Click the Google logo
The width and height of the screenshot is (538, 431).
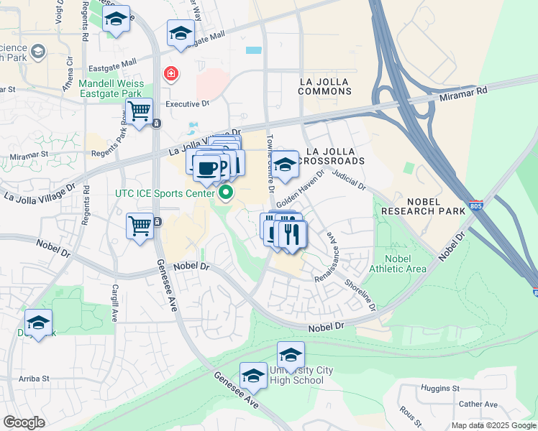(x=24, y=422)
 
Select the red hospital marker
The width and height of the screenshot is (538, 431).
(x=171, y=73)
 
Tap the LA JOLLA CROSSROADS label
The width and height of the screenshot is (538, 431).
(x=335, y=156)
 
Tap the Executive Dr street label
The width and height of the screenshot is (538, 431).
(x=187, y=103)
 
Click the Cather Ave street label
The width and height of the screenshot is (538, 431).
(x=478, y=404)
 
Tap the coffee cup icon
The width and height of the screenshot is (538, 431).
(x=207, y=167)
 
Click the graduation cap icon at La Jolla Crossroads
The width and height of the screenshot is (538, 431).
(x=285, y=164)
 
